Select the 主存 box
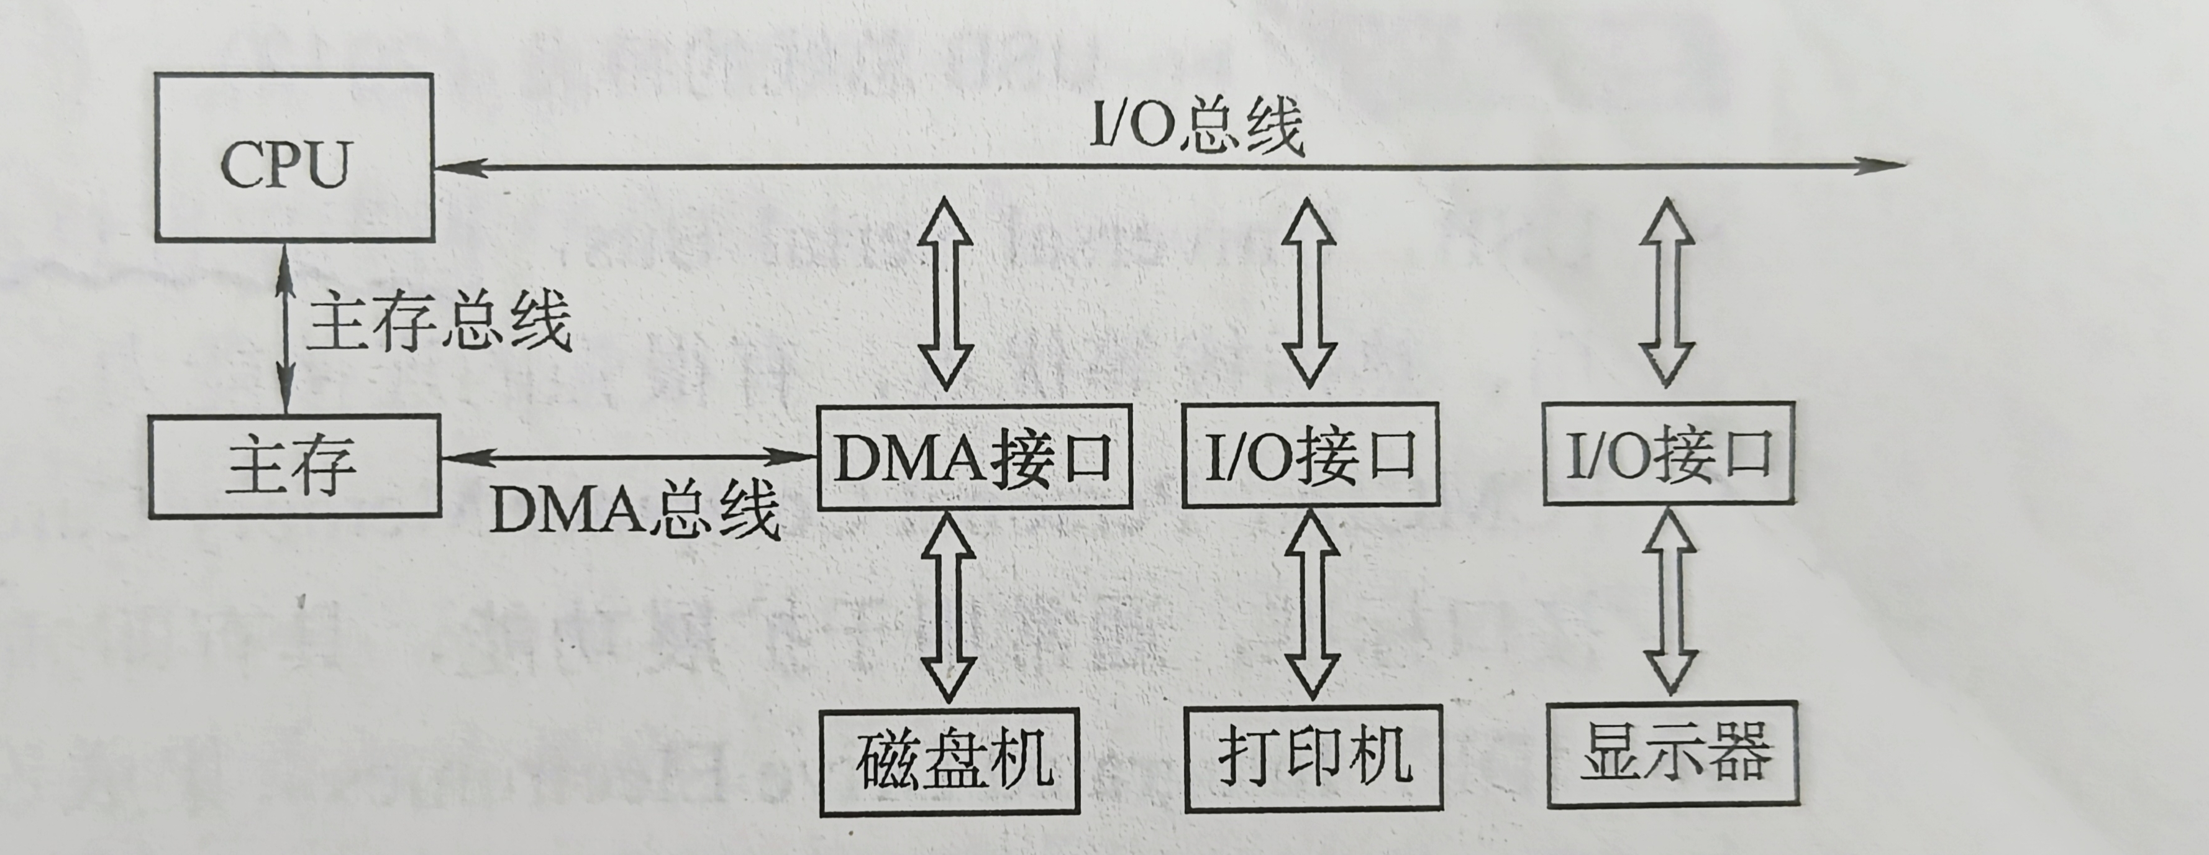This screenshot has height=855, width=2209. [x=294, y=465]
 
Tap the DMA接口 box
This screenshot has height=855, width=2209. [x=974, y=456]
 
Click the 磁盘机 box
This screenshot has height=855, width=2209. [x=949, y=760]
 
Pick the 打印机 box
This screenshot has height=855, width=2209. [x=1314, y=758]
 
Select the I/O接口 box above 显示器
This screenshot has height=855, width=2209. [x=1669, y=454]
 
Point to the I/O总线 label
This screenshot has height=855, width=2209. [x=1196, y=126]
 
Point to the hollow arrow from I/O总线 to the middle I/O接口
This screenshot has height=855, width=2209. [x=1309, y=293]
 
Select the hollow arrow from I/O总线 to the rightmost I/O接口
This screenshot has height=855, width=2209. [x=1667, y=293]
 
